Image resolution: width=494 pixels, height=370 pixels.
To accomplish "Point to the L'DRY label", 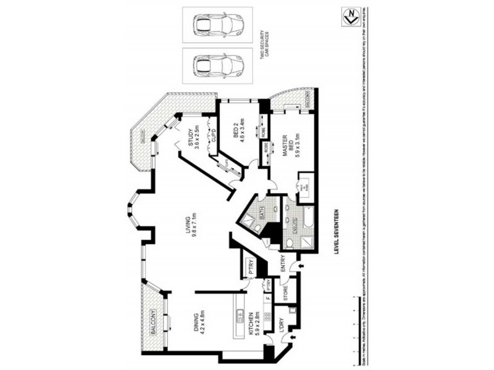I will (283, 327).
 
